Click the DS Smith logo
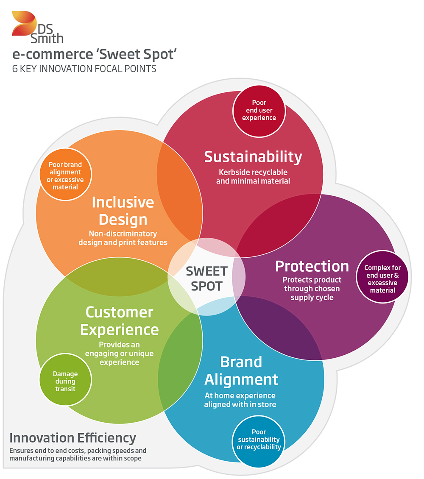click(x=38, y=28)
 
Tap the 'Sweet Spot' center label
click(x=206, y=278)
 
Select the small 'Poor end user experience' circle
click(x=259, y=111)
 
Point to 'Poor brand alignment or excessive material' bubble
click(x=65, y=174)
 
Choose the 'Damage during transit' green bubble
click(x=65, y=380)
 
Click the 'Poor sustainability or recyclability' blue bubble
click(x=259, y=441)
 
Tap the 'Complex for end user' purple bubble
click(x=382, y=277)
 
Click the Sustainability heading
click(x=253, y=157)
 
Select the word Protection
click(x=312, y=266)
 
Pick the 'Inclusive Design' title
click(x=123, y=211)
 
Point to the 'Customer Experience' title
click(x=120, y=321)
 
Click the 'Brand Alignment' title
click(x=241, y=371)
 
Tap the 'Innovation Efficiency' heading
click(x=73, y=438)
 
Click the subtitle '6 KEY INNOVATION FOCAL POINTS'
click(x=84, y=69)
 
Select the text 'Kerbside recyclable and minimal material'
click(x=253, y=177)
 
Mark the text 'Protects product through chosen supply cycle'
click(x=312, y=289)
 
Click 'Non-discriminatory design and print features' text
click(x=123, y=238)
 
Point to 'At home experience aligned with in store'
click(x=240, y=400)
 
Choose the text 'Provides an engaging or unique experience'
click(x=120, y=354)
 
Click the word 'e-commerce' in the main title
click(x=53, y=54)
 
